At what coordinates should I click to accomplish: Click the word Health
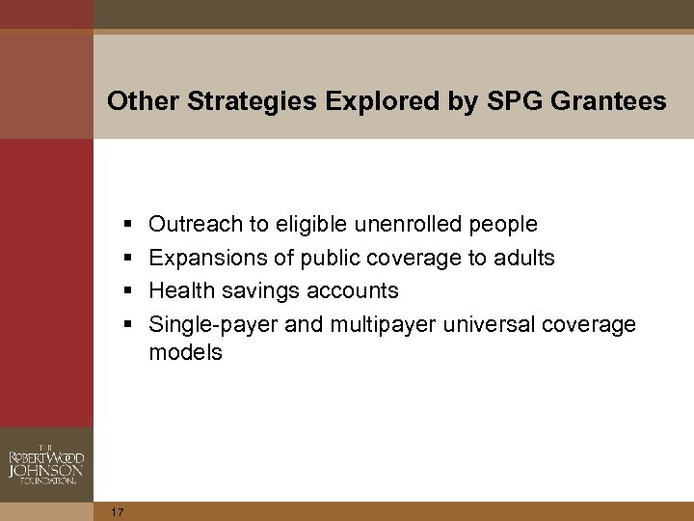(x=180, y=290)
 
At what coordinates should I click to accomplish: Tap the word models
(x=185, y=353)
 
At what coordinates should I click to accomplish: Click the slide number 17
(x=118, y=511)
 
